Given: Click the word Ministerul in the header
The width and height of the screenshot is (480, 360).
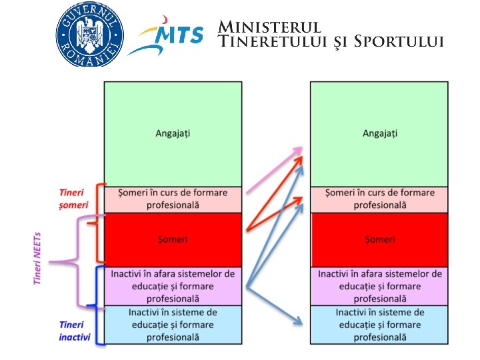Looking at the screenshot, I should [270, 27].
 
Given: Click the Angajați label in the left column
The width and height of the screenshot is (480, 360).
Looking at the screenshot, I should [173, 133].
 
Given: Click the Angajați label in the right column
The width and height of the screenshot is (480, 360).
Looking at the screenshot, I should [379, 133].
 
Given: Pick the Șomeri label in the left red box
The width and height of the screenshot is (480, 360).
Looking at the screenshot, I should [173, 239].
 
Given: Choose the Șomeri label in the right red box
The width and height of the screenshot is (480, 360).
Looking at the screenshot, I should [379, 239].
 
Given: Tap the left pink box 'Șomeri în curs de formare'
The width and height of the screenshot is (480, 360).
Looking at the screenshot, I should [173, 199].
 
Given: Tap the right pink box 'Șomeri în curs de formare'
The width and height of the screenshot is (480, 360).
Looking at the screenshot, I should [379, 199].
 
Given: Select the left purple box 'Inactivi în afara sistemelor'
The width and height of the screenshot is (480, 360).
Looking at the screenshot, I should [173, 286].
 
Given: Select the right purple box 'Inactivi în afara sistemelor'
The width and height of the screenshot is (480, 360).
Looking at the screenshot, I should [379, 286].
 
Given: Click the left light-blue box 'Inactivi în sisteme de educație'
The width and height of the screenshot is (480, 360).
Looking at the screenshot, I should [173, 325].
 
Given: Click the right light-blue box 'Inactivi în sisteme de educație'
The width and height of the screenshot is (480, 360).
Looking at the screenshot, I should [379, 325].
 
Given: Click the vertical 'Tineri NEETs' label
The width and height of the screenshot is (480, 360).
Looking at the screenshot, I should [38, 259].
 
